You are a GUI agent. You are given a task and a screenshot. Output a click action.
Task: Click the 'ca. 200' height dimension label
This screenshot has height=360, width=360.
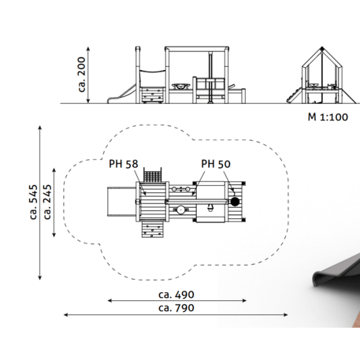click(82, 75)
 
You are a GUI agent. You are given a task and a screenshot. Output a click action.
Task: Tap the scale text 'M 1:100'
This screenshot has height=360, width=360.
click(328, 117)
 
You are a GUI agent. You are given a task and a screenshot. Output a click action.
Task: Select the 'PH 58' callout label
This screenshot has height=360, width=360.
click(124, 164)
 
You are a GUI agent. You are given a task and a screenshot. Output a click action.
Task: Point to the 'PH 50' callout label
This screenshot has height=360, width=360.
click(216, 164)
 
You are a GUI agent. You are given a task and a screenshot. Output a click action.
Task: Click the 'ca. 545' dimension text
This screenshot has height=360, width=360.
click(33, 202)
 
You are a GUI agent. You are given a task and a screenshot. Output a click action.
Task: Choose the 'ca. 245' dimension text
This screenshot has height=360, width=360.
click(47, 202)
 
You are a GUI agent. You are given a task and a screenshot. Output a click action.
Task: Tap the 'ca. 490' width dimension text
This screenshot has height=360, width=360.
click(176, 295)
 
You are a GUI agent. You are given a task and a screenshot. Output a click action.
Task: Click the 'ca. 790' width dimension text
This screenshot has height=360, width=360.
click(176, 308)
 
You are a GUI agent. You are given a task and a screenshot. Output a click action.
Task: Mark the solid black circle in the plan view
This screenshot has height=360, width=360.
click(235, 202)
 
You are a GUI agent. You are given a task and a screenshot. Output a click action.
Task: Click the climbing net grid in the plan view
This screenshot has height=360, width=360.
click(152, 176)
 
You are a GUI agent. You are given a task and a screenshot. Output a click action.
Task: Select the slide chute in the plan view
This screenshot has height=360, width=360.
click(121, 202)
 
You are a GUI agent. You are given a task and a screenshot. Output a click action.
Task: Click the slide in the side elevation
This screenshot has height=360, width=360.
click(122, 95)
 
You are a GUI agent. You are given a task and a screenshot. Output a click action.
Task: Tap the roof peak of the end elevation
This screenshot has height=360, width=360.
click(322, 48)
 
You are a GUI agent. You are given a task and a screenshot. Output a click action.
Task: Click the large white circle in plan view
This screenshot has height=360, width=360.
click(180, 210)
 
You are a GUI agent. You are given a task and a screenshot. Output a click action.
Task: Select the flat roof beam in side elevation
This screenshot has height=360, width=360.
click(197, 49)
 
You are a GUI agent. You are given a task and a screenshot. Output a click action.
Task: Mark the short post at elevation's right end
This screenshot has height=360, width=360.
click(243, 96)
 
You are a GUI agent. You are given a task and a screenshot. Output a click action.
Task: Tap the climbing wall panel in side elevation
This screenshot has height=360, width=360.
click(152, 95)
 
